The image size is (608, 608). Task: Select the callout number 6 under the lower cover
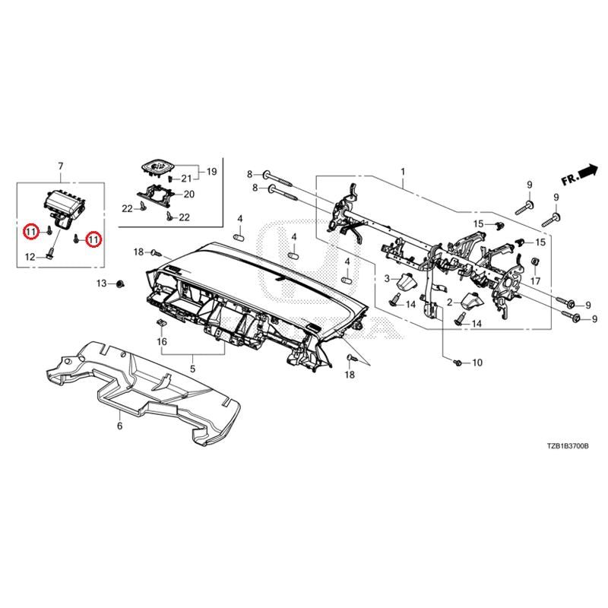119,426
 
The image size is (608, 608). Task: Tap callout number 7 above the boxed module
60,166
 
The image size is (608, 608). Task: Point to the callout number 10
477,363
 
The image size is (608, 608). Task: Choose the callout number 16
161,342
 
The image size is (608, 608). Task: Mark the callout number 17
535,281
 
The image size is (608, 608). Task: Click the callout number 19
211,172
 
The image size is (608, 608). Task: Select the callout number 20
189,194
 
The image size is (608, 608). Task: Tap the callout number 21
187,179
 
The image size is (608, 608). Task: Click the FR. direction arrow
580,176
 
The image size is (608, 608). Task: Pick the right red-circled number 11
93,240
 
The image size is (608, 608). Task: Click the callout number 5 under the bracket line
192,369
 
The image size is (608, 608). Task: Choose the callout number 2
450,302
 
